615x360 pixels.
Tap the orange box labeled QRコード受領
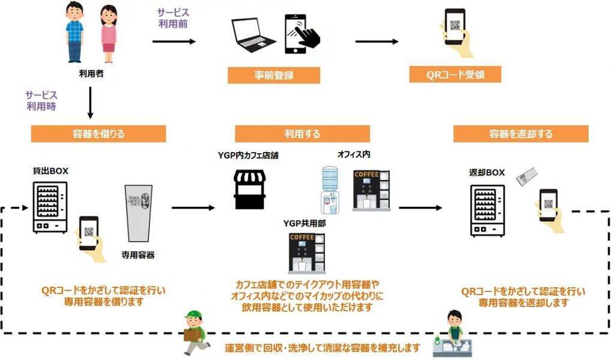click(x=455, y=75)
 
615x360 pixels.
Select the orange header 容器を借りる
click(x=98, y=133)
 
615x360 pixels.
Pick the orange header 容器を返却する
click(x=521, y=133)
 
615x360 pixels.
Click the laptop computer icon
click(x=253, y=36)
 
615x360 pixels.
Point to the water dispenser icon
click(x=329, y=189)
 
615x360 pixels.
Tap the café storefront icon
click(x=250, y=189)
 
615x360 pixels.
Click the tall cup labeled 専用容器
click(x=138, y=214)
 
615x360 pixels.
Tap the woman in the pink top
click(x=108, y=34)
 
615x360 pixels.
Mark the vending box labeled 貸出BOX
click(x=50, y=207)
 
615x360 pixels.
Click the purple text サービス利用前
click(x=174, y=17)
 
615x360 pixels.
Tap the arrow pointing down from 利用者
click(x=90, y=102)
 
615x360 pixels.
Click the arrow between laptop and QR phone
click(x=377, y=41)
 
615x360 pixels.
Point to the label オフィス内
click(x=354, y=154)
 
